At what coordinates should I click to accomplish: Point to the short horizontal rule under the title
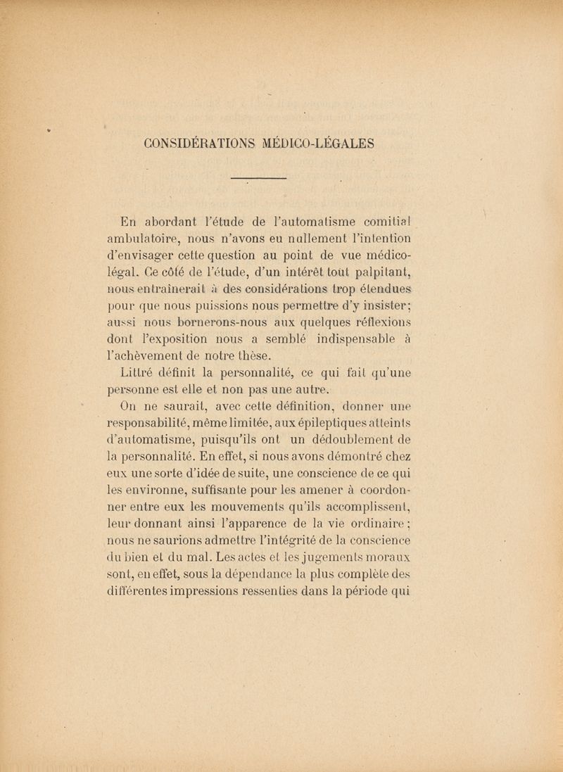pos(259,179)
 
